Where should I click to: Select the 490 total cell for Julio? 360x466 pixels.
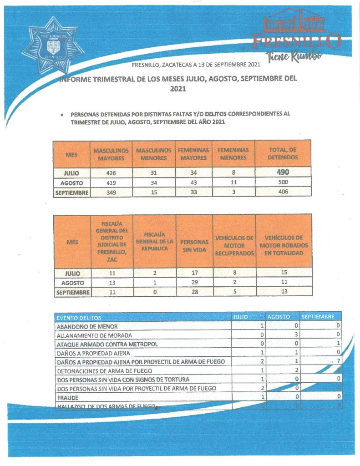283,172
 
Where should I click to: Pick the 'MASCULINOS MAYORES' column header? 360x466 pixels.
109,154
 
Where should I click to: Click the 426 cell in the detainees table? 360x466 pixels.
109,172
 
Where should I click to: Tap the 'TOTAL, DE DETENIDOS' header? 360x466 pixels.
283,154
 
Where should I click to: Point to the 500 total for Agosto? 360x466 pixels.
283,182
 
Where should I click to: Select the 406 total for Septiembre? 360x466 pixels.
283,192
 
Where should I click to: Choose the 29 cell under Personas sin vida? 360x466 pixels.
194,283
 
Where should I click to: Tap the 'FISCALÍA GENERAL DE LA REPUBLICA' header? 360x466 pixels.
155,242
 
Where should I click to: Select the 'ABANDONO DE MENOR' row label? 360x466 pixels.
86,326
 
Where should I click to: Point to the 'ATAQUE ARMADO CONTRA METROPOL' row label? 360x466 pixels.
106,344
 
